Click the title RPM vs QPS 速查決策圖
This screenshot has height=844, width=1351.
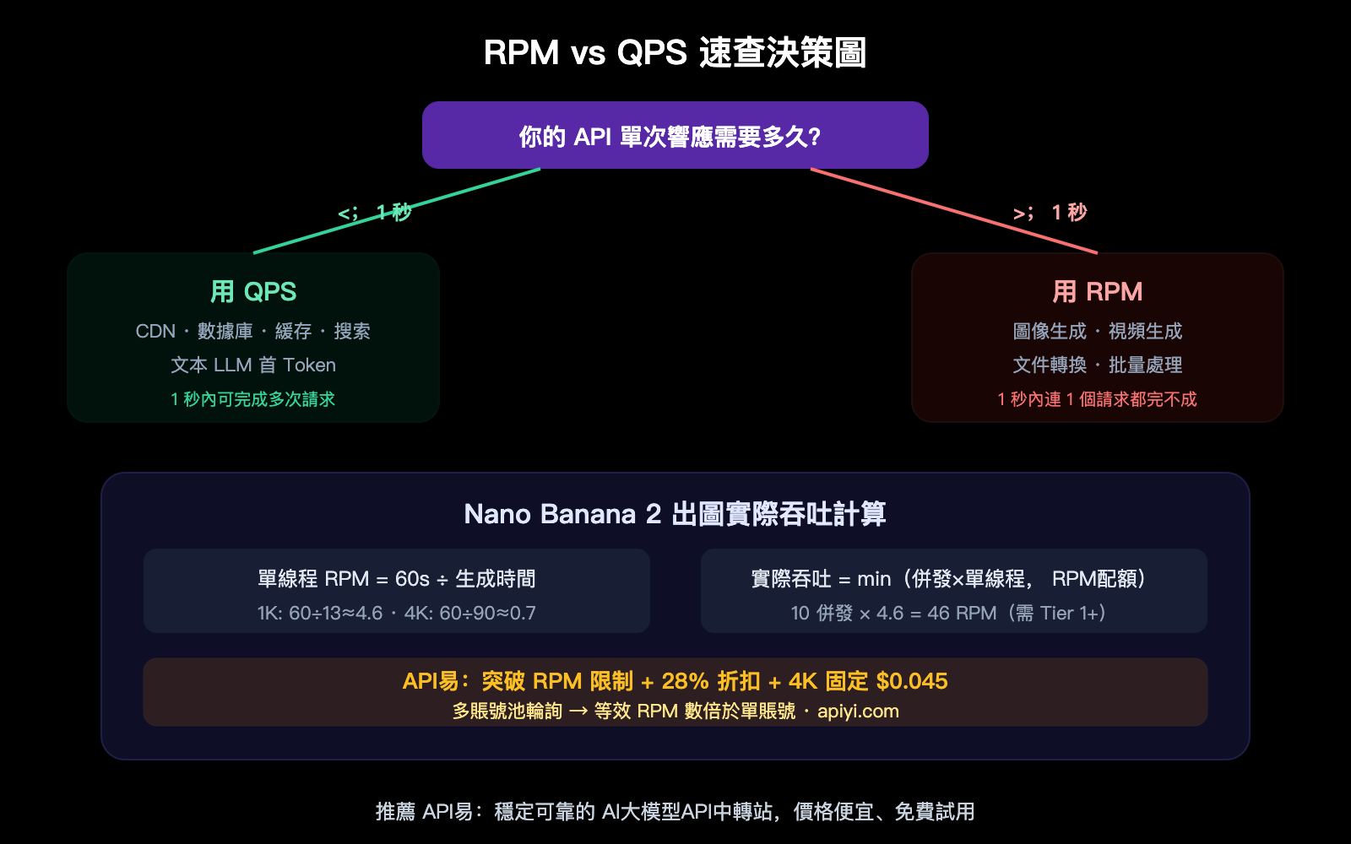tap(675, 52)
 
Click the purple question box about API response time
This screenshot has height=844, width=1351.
tap(675, 135)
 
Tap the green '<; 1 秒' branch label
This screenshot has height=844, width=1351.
tap(375, 213)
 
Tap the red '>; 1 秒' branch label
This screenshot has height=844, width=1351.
tap(1050, 213)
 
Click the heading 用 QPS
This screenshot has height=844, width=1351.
tap(253, 292)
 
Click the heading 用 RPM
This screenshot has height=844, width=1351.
tap(1097, 292)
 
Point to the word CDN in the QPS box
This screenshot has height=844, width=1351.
tap(155, 331)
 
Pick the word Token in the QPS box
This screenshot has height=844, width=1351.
tap(309, 365)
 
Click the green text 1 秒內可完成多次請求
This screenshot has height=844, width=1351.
tap(253, 399)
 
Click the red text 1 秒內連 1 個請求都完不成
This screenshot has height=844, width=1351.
tap(1097, 399)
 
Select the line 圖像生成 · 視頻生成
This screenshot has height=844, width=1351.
tap(1097, 331)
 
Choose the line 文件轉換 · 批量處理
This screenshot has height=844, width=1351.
tap(1097, 365)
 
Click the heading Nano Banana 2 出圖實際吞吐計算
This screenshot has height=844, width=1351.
tap(675, 514)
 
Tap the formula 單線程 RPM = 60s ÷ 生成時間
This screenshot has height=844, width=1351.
tap(396, 579)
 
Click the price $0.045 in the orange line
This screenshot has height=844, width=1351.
tap(912, 681)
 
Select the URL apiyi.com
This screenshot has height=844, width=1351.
tap(858, 711)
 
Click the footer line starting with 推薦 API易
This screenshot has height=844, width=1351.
tap(675, 812)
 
